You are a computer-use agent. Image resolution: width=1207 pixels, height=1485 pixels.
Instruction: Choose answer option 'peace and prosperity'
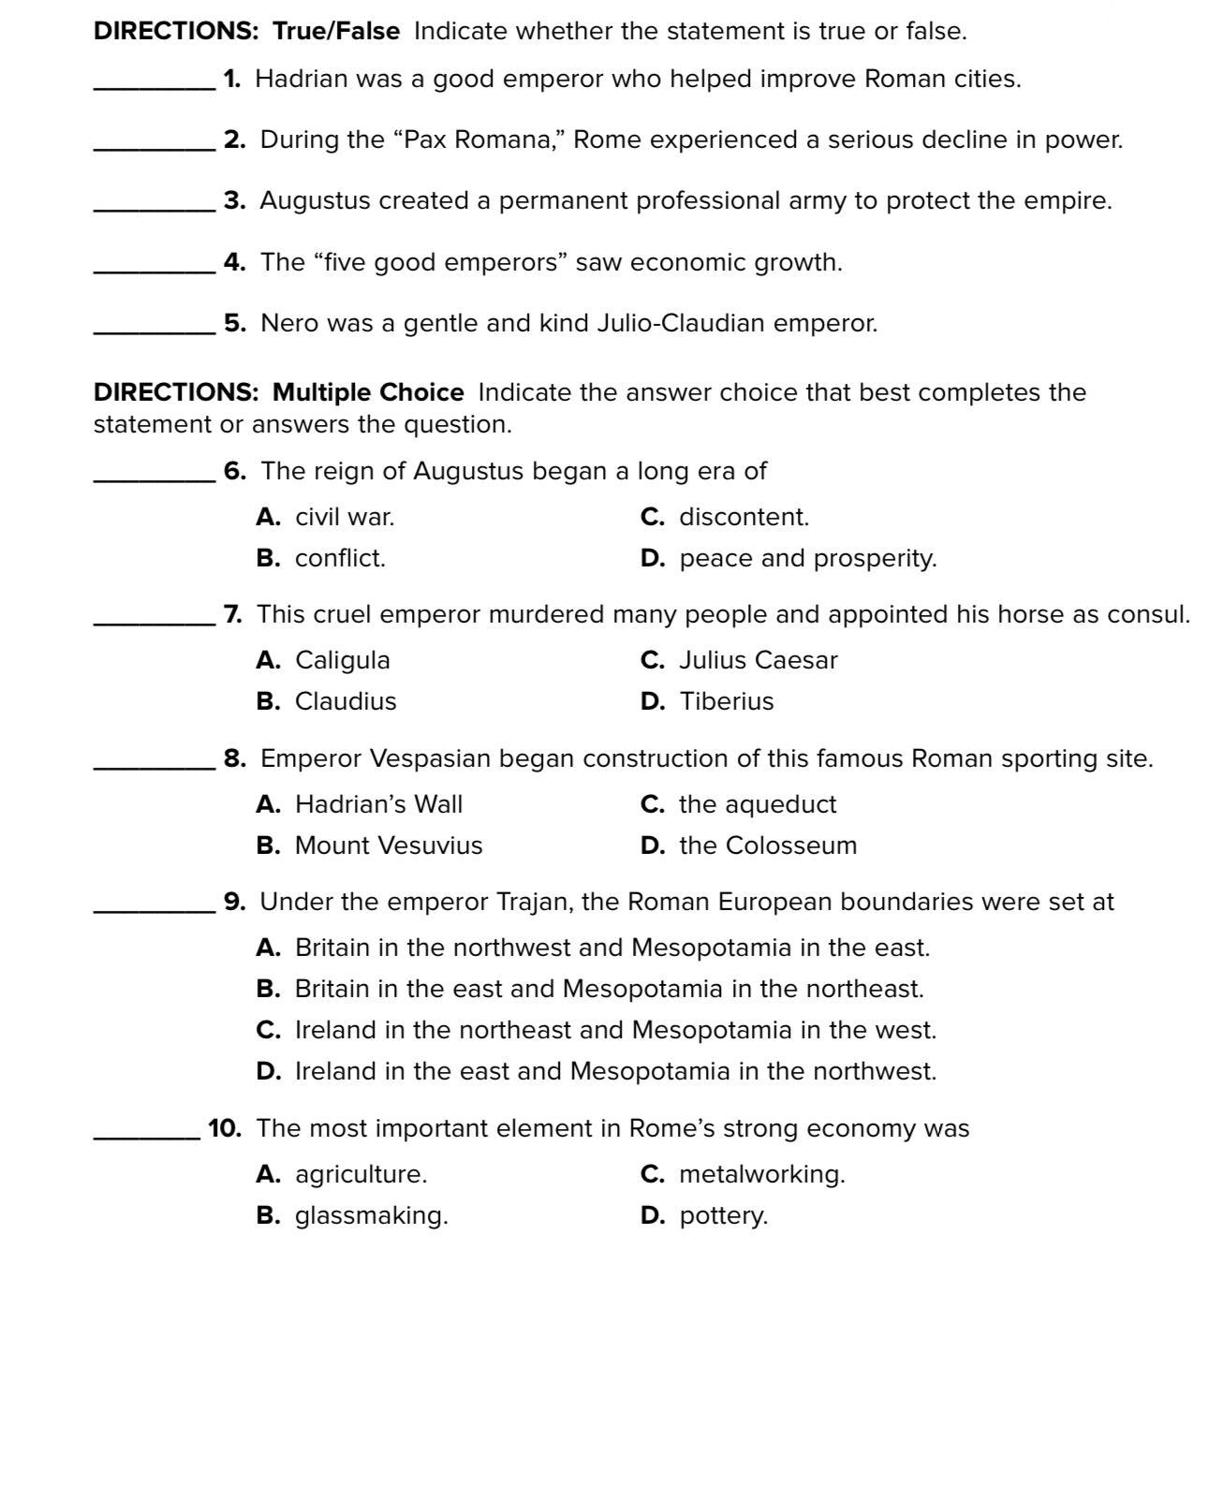807,558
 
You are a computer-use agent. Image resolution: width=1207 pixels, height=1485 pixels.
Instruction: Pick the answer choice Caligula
342,660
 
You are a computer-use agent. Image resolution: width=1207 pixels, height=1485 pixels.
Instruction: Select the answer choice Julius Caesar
758,660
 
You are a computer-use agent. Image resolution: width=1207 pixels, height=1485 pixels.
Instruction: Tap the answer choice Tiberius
726,701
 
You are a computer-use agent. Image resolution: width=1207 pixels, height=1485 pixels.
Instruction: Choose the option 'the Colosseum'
767,845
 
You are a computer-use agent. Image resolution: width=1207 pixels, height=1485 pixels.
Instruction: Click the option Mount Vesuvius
388,845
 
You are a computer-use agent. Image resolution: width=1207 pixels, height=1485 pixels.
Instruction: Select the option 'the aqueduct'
757,804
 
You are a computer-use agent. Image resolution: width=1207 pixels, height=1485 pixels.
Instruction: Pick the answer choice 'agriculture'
361,1174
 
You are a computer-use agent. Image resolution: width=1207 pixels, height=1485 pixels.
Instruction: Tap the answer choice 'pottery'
723,1215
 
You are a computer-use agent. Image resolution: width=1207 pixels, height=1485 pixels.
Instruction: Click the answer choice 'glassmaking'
371,1215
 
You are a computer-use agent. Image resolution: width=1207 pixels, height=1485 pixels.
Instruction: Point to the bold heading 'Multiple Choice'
368,392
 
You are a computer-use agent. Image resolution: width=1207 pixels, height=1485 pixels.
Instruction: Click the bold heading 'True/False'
336,31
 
